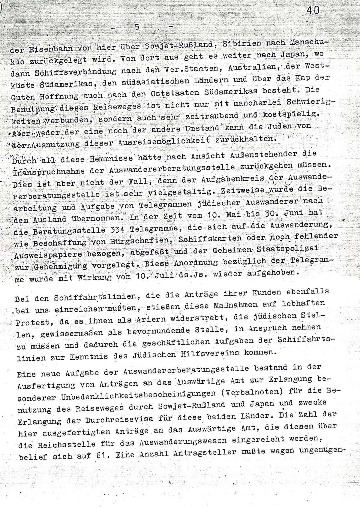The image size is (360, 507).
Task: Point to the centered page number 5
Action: coord(137,27)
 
